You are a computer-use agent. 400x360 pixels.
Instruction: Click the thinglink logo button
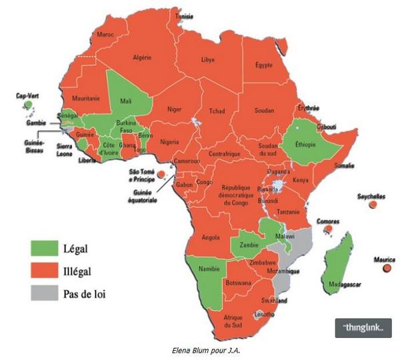[x=363, y=328]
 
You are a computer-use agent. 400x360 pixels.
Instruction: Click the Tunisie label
[x=185, y=15]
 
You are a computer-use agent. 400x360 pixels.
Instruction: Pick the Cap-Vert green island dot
[x=28, y=105]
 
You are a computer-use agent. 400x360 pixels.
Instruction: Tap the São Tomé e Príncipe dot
[x=160, y=174]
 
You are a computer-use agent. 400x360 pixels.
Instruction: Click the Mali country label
[x=125, y=101]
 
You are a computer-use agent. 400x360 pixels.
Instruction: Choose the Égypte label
[x=264, y=65]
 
